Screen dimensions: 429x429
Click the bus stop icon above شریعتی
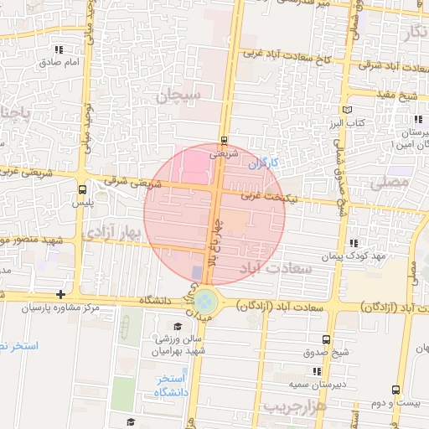(223, 141)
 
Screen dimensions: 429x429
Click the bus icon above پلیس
(81, 189)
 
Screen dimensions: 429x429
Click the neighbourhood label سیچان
(178, 97)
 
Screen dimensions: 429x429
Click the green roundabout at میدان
(207, 300)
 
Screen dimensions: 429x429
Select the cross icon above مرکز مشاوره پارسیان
(60, 294)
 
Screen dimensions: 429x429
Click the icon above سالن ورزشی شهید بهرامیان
(177, 327)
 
